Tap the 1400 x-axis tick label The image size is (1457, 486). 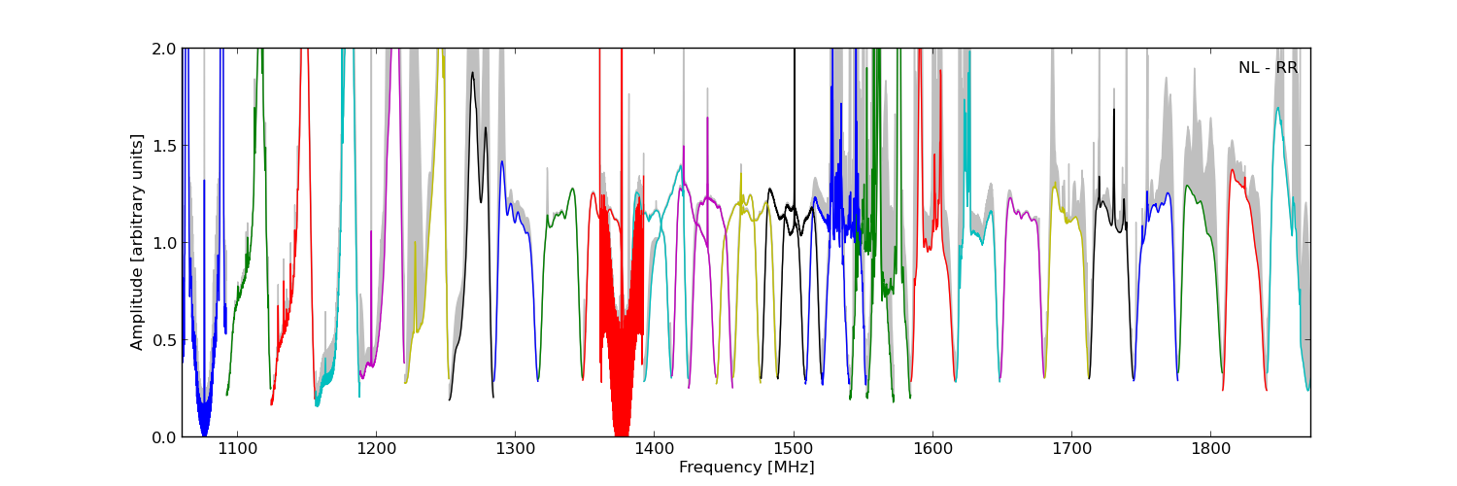click(x=654, y=450)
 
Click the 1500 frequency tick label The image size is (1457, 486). click(x=794, y=450)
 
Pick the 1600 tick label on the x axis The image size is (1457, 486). click(x=932, y=450)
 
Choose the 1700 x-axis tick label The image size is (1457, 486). click(x=1071, y=450)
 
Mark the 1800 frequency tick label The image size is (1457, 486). click(x=1210, y=450)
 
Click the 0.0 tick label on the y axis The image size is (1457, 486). click(x=164, y=437)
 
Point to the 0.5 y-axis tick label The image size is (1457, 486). click(x=164, y=340)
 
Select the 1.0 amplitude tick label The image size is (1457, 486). click(x=164, y=243)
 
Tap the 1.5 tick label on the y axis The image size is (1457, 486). click(x=164, y=146)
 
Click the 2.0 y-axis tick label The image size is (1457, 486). click(x=164, y=49)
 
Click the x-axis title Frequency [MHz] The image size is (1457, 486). click(x=746, y=468)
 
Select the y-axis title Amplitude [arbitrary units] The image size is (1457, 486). click(x=137, y=242)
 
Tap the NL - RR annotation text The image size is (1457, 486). click(x=1268, y=68)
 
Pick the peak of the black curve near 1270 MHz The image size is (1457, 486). click(x=473, y=73)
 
